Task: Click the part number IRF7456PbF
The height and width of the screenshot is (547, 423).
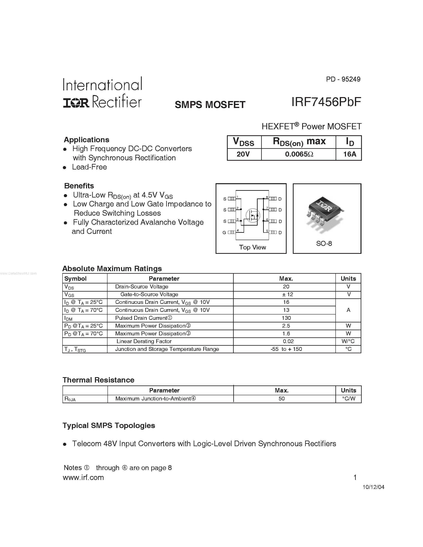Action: coord(326,102)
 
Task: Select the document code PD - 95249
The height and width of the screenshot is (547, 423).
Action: coord(343,79)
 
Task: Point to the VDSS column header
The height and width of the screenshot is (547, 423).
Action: coord(244,142)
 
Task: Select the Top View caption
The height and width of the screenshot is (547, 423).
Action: coord(252,247)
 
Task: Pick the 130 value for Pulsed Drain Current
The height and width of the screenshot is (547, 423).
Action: coord(286,318)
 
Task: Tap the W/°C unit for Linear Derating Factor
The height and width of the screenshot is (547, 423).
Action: coord(348,341)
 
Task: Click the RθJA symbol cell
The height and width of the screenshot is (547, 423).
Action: coord(70,399)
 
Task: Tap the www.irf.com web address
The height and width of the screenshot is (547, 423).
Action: coord(83,478)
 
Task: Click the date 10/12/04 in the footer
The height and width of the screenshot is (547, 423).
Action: coord(373,487)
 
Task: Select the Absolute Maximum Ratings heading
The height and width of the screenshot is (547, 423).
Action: coord(112,269)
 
